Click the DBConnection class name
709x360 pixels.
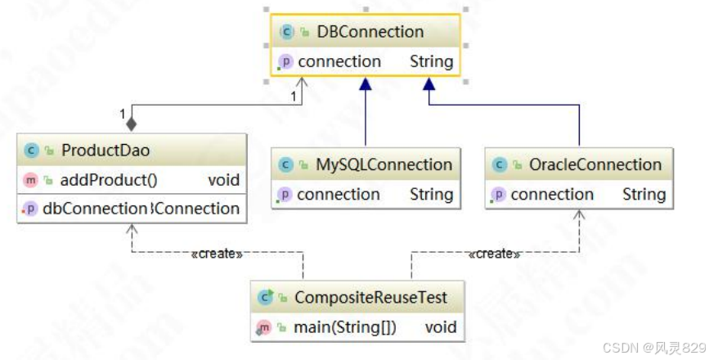(370, 32)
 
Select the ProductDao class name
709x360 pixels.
(105, 151)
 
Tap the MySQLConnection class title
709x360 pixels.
(384, 164)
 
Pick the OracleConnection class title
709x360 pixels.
(595, 164)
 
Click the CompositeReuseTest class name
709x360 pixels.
(370, 298)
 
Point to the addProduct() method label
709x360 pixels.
(109, 180)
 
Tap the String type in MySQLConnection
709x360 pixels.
(431, 195)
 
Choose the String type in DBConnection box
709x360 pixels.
(431, 61)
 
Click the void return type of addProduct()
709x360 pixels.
(224, 180)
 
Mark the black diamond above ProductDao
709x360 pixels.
(131, 124)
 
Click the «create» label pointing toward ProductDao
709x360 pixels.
(216, 254)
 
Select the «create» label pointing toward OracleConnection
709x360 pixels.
(494, 254)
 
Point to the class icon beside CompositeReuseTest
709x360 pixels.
(265, 298)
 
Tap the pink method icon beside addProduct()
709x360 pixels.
(31, 180)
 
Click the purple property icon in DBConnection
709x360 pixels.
(285, 61)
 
